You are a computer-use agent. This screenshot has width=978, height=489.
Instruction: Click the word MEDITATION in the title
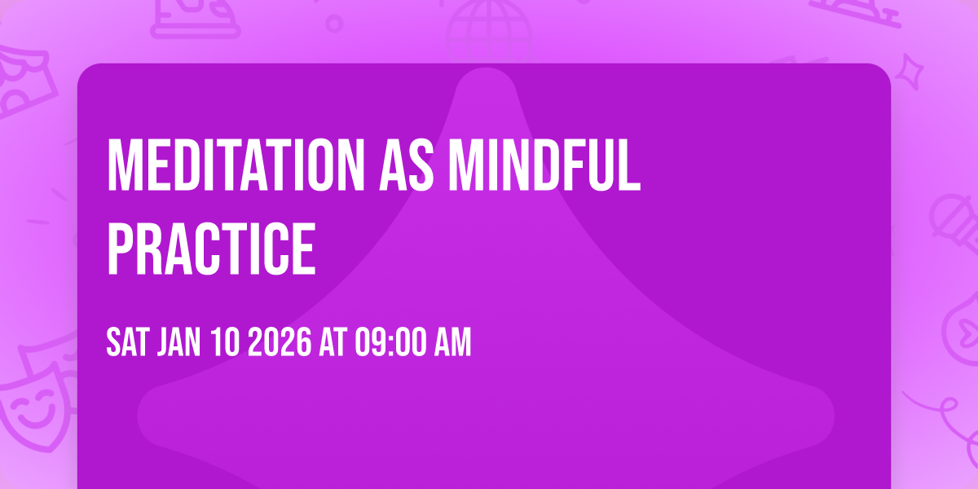click(x=232, y=165)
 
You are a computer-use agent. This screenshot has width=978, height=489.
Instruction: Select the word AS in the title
click(x=405, y=165)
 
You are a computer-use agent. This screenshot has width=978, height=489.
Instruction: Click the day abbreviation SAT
click(x=127, y=344)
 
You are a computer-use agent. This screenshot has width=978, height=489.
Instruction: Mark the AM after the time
click(x=452, y=344)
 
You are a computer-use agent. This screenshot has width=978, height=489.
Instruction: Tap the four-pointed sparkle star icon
click(x=914, y=72)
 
